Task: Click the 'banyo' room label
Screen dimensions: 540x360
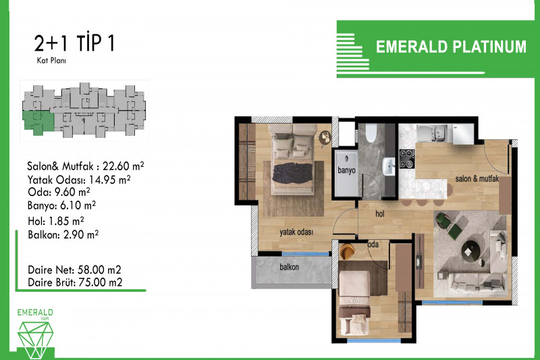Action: (x=346, y=170)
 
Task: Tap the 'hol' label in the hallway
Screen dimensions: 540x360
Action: (x=380, y=214)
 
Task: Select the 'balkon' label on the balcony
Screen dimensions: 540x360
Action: (x=290, y=267)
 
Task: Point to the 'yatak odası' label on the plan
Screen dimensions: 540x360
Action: (x=296, y=232)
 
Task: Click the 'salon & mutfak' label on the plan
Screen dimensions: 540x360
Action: (x=477, y=178)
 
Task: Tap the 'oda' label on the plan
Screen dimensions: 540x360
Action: (x=373, y=245)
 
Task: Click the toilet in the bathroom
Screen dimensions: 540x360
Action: (x=371, y=133)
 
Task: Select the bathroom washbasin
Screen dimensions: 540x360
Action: (x=389, y=167)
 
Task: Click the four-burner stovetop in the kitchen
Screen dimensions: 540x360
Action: (x=407, y=159)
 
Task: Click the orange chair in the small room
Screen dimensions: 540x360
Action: (x=347, y=251)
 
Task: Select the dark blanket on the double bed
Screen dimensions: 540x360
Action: (x=292, y=173)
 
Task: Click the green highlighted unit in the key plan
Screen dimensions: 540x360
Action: (x=38, y=122)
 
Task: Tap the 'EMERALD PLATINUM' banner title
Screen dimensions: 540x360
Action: (x=451, y=47)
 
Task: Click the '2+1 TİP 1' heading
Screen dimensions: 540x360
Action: (x=74, y=43)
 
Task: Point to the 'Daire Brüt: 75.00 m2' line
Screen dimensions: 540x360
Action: (x=75, y=282)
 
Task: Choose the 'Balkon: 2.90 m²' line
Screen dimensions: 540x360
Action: (x=63, y=235)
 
